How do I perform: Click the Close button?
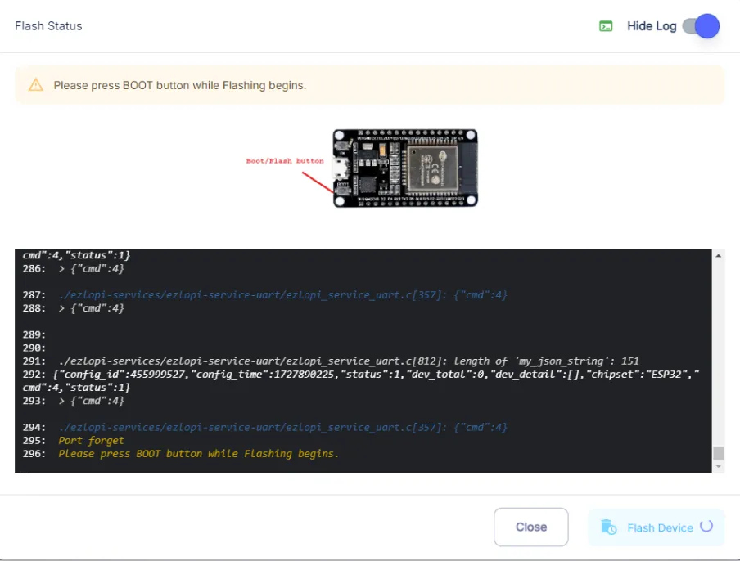click(531, 527)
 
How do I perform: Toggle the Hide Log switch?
click(701, 26)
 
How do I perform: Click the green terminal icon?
click(606, 26)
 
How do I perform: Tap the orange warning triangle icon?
click(36, 85)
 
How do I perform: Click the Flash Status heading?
click(48, 26)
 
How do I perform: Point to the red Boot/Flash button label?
click(285, 161)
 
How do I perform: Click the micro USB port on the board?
click(341, 168)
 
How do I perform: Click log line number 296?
click(34, 454)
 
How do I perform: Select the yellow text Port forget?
click(91, 440)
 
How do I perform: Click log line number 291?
click(34, 361)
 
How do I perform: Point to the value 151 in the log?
click(630, 361)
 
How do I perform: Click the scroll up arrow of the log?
click(718, 255)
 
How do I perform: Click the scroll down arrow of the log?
click(718, 466)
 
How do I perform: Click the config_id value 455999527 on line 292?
click(160, 375)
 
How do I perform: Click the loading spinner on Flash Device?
click(706, 526)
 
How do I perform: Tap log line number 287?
click(34, 295)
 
